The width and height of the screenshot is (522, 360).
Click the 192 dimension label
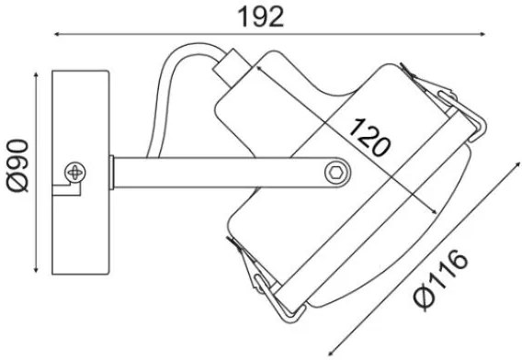[x=261, y=17]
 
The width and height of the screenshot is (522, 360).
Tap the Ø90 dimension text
[x=18, y=165]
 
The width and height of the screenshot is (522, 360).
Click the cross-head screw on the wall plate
[x=75, y=173]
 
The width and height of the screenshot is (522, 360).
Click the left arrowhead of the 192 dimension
[x=57, y=34]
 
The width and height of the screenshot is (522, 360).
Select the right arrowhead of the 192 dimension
[x=482, y=34]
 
